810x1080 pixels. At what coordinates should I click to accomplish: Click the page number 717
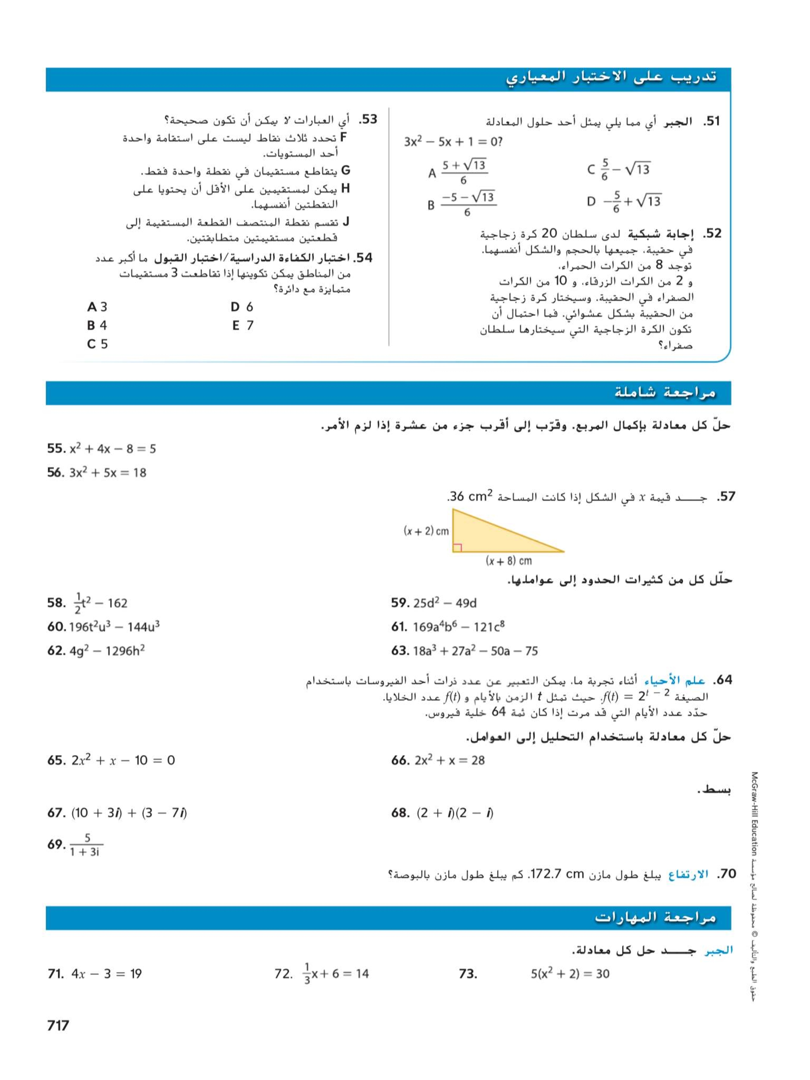click(x=58, y=1025)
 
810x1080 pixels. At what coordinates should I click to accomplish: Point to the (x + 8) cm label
click(x=508, y=561)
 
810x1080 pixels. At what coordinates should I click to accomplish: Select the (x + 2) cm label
click(x=426, y=531)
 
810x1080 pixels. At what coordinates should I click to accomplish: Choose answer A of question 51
click(x=458, y=172)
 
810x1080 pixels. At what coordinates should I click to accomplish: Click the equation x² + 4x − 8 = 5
click(x=112, y=449)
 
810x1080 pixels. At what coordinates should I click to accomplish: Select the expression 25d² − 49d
click(x=444, y=603)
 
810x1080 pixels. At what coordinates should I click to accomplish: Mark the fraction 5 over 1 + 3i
click(x=86, y=845)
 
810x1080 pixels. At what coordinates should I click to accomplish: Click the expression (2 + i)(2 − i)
click(x=455, y=813)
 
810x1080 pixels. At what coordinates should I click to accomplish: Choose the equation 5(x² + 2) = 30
click(x=570, y=974)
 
